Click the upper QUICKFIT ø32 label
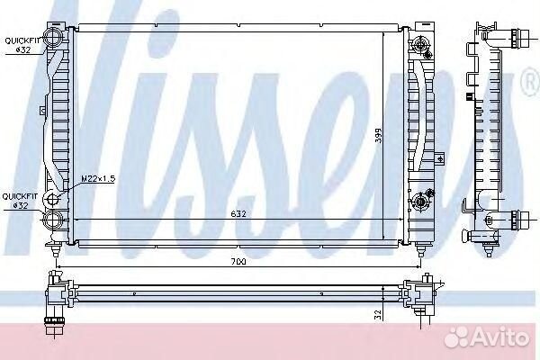[22, 45]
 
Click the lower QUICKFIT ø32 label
[20, 201]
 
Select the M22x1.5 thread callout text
[98, 179]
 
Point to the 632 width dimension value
[238, 214]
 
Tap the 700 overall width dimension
[238, 262]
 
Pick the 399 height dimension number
[379, 135]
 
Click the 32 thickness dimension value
[378, 314]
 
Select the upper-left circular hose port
[52, 37]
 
